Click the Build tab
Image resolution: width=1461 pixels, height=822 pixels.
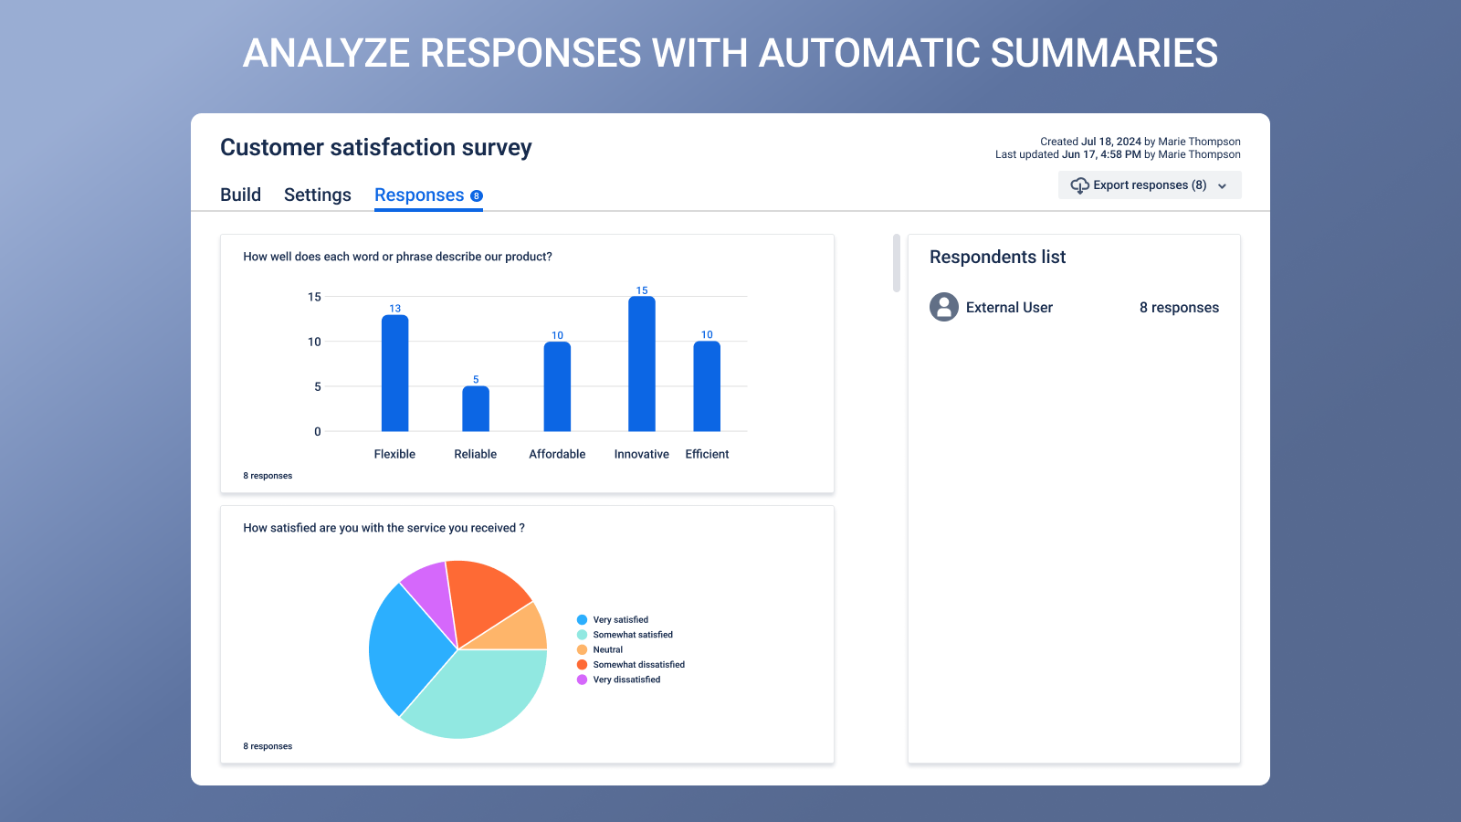coord(240,195)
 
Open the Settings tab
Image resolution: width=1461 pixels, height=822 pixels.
coord(317,195)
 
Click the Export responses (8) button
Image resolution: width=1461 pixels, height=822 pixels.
coord(1149,185)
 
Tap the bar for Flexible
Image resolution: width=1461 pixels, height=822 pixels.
coord(394,374)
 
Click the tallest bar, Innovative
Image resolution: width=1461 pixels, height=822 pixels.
coord(642,365)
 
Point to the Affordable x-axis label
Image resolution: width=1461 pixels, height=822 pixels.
coord(557,454)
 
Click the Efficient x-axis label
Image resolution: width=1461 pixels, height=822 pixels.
coord(707,454)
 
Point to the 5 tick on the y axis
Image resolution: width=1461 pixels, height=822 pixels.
coord(318,386)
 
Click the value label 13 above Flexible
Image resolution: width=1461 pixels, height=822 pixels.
coord(394,309)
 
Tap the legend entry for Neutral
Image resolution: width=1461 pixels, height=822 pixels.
coord(607,649)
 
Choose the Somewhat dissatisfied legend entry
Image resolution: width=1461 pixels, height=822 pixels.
coord(638,665)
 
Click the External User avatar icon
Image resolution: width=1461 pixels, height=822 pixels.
coord(943,307)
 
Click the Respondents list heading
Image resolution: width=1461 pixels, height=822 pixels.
coord(997,258)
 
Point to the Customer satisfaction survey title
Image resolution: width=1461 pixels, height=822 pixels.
coord(375,148)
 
